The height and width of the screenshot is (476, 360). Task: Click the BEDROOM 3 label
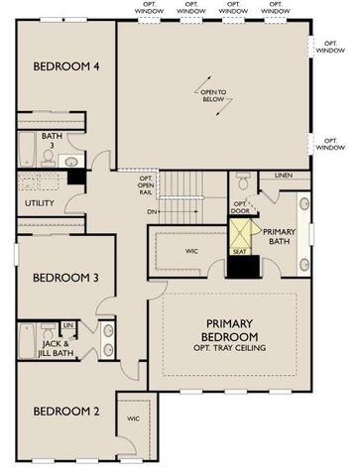64,279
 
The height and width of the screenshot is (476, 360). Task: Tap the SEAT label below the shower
239,252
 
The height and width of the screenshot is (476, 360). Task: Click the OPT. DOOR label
239,207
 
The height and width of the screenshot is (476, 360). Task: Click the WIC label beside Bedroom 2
134,418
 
